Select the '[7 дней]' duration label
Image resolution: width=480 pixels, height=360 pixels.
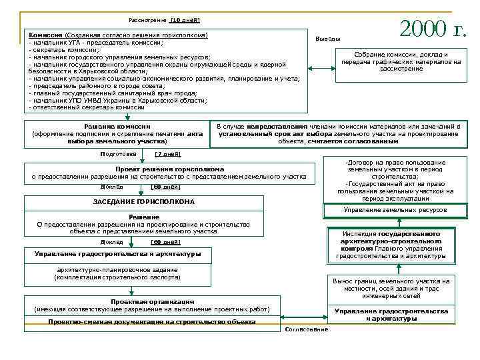click(x=167, y=154)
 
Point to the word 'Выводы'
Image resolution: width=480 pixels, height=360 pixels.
click(x=328, y=39)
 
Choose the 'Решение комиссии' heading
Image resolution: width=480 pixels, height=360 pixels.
click(x=117, y=127)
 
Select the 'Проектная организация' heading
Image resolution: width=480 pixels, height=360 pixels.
click(x=153, y=302)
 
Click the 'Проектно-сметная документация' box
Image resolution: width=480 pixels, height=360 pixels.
click(x=151, y=322)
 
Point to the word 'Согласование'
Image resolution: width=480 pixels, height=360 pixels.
click(x=306, y=329)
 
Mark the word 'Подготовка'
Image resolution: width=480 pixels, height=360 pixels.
click(x=117, y=154)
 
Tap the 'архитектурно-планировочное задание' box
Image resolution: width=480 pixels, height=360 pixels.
click(x=117, y=273)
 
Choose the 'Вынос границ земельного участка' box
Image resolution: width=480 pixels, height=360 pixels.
click(x=391, y=288)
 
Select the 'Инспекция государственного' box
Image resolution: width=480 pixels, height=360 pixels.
click(x=391, y=245)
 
